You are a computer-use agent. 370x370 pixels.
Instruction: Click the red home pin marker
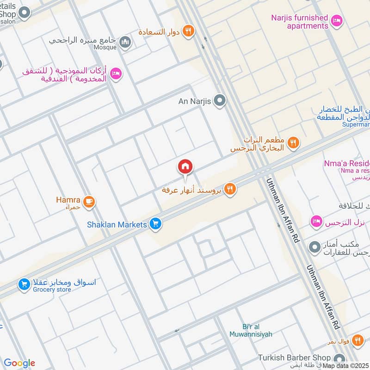coord(185,166)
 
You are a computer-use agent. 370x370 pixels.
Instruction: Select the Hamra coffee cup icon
coord(89,201)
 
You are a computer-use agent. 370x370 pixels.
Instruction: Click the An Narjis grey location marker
coord(220,100)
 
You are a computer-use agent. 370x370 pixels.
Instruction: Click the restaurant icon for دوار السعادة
coord(188,31)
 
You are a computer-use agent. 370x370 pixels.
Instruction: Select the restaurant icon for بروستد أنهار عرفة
coord(230,188)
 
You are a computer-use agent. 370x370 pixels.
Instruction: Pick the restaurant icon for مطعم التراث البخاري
coord(292,142)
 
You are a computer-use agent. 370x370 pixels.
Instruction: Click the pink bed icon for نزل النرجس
coord(316,221)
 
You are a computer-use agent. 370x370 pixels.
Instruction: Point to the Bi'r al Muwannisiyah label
coord(251,330)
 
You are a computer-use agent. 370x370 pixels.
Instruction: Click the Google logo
coord(19,363)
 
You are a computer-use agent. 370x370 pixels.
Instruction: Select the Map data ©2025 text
coord(345,366)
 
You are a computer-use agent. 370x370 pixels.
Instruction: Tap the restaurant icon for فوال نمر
coord(357,341)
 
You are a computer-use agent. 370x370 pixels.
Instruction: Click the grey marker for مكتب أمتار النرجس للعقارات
coord(315,247)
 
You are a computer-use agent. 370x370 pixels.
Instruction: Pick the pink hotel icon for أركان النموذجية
coord(117,73)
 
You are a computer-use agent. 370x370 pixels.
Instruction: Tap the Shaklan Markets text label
coord(117,225)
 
